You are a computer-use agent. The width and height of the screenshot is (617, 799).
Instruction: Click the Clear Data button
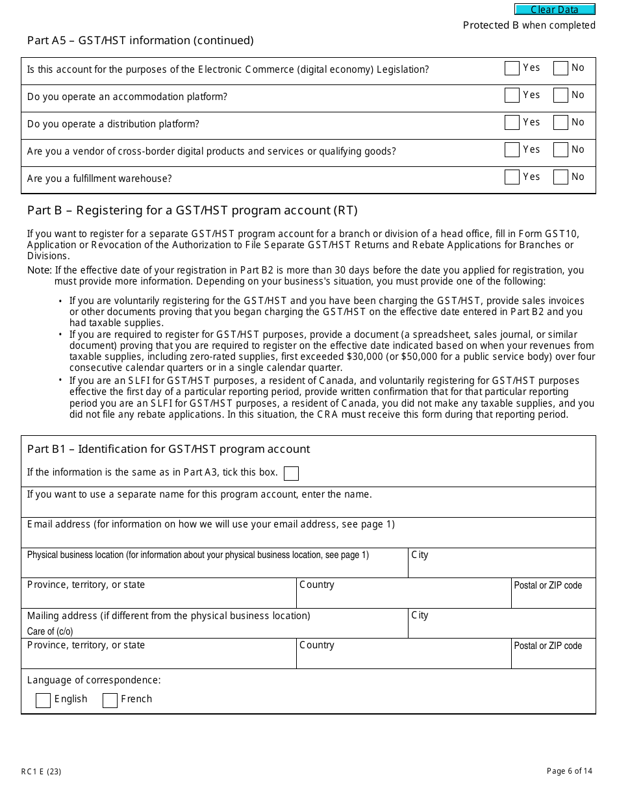pos(555,10)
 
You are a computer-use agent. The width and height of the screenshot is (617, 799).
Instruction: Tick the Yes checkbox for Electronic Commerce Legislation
pos(512,68)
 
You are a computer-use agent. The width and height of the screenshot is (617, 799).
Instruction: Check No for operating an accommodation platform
pos(560,95)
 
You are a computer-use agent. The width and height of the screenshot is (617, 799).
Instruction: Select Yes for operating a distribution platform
pos(512,123)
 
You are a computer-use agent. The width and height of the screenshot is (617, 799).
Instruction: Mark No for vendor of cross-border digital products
pos(560,150)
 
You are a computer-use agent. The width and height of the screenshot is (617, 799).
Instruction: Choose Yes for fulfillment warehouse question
pos(512,177)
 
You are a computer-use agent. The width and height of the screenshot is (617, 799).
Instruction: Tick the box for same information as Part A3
pos(292,474)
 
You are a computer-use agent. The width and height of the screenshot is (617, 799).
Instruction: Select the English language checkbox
pos(44,700)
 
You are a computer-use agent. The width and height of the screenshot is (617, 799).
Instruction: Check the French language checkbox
pos(110,700)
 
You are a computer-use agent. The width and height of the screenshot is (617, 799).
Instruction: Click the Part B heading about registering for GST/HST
pos(192,210)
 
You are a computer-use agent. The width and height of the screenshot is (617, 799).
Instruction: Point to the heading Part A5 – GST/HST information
pos(140,40)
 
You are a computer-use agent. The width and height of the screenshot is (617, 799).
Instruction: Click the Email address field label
pos(210,524)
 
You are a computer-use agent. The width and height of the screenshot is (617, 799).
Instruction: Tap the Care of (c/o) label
pos(50,631)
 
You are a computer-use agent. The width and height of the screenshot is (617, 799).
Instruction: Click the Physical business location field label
pos(197,555)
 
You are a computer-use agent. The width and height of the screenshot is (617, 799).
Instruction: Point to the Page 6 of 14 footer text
pos(570,771)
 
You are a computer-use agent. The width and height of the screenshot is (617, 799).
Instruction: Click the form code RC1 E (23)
pos(41,772)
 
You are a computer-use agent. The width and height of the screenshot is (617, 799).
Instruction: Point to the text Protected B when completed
pos(529,25)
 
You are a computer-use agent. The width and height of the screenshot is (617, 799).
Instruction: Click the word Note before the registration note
pos(39,270)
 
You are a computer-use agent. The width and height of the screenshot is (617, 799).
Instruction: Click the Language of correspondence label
pos(94,680)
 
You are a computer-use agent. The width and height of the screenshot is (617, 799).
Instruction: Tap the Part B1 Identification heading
pos(168,449)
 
